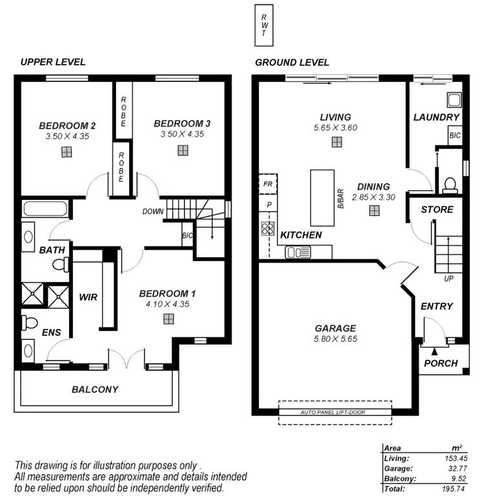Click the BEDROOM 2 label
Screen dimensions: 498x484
[67, 124]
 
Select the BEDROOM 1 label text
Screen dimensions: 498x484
[168, 294]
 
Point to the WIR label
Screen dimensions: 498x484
[87, 297]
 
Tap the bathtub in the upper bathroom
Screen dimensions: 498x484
[45, 210]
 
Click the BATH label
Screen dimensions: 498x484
[50, 250]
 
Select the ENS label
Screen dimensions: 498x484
[52, 333]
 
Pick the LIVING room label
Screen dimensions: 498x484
[336, 117]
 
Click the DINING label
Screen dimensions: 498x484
[374, 186]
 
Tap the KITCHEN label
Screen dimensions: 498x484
[301, 235]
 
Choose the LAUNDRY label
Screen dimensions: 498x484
[436, 117]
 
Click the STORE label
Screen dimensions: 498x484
[437, 210]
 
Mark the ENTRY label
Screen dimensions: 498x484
[437, 307]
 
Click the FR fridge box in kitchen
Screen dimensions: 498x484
[267, 184]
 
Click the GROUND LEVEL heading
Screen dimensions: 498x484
[292, 63]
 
